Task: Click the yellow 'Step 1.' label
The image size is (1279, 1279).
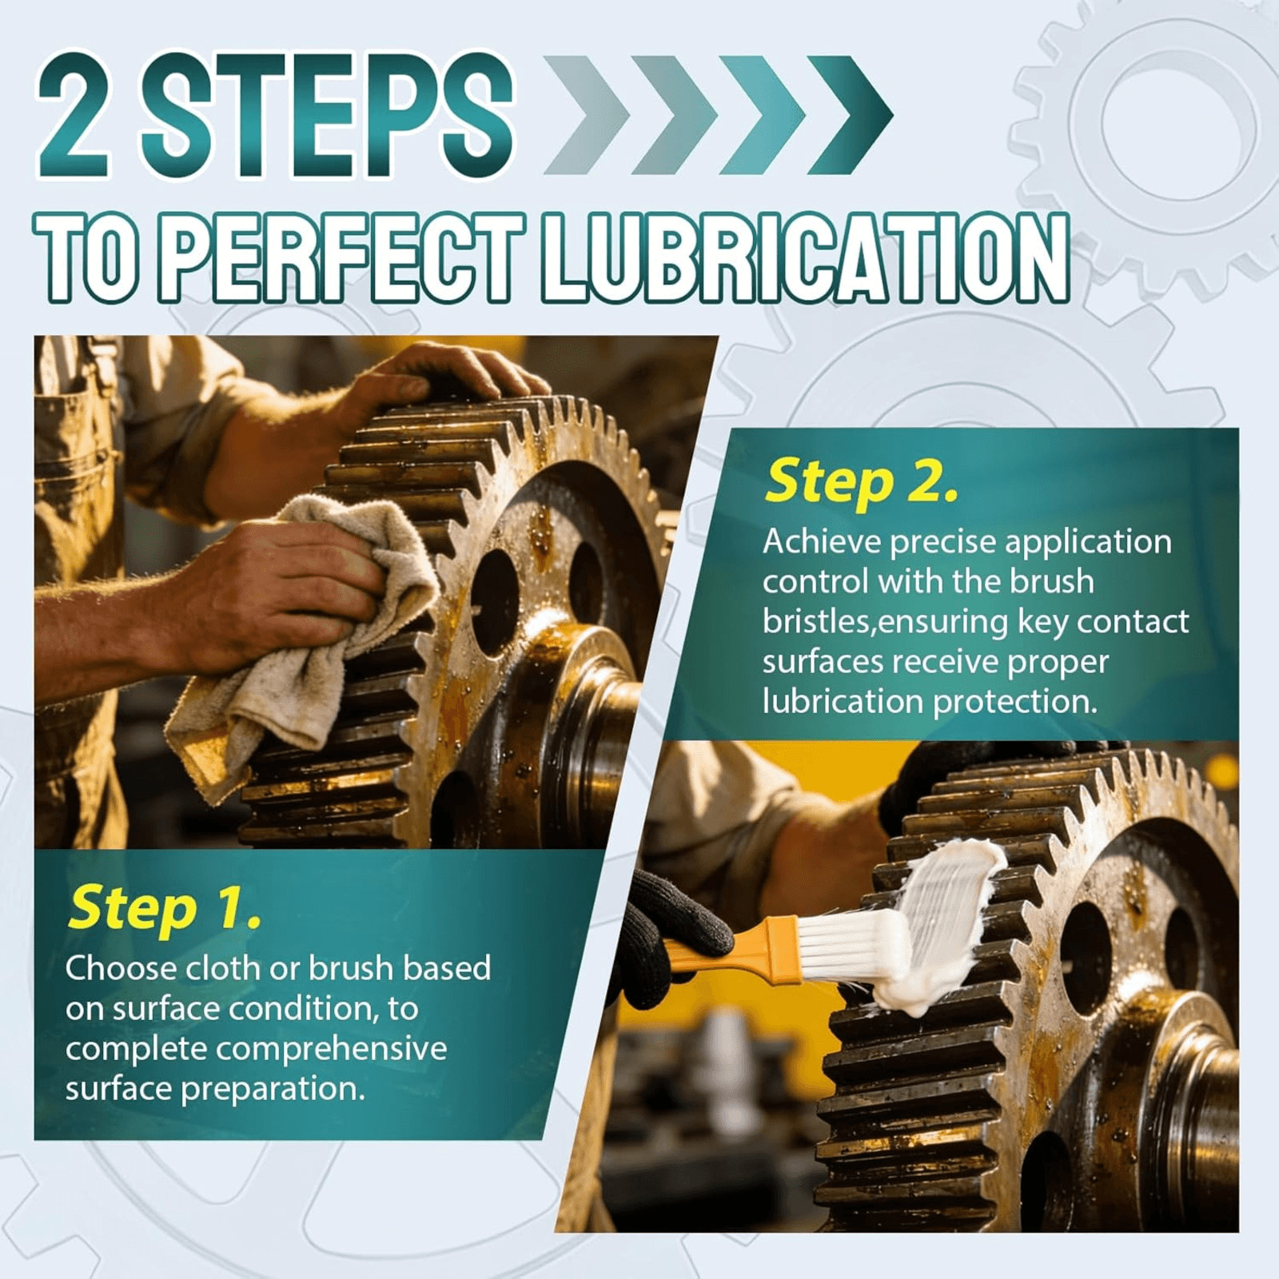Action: [165, 909]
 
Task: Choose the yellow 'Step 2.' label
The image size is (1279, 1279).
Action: [861, 481]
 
